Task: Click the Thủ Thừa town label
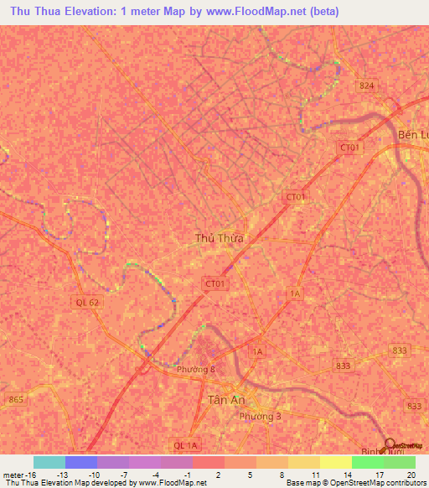(219, 238)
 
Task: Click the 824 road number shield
(365, 86)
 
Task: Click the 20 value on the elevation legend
(410, 475)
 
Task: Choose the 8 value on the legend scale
(282, 475)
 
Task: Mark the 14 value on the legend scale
(346, 475)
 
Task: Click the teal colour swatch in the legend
(49, 462)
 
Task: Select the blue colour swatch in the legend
(81, 462)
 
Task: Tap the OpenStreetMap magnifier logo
(390, 444)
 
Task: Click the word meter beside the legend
(12, 475)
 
